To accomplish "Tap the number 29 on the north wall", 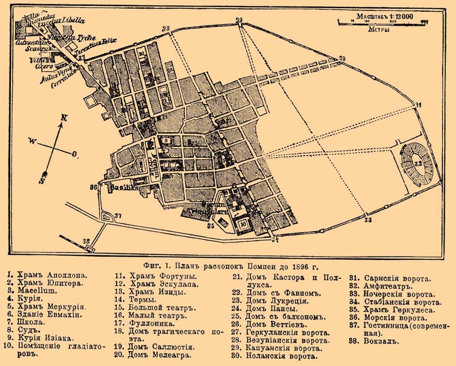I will [239, 20].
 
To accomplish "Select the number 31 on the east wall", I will [418, 105].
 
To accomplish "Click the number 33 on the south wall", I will [367, 220].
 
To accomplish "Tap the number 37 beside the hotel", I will [118, 216].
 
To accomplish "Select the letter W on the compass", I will [32, 141].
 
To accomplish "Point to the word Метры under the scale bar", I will [379, 30].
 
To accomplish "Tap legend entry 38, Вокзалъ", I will [374, 342].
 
